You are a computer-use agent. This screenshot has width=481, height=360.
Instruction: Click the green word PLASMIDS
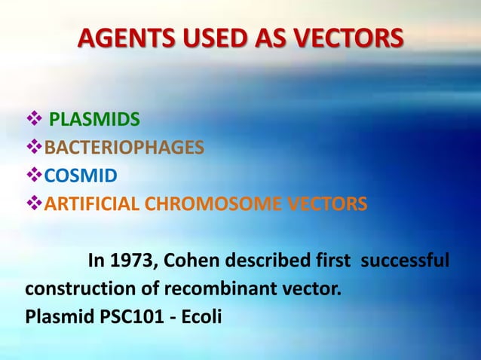[x=94, y=119]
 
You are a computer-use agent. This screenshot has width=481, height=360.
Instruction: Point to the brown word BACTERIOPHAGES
[x=124, y=147]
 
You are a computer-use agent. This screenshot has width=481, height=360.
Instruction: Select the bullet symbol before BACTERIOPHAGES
[x=32, y=147]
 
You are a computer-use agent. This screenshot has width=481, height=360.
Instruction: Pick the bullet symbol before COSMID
[x=32, y=175]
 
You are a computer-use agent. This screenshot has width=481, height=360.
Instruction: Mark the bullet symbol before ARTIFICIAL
[x=32, y=203]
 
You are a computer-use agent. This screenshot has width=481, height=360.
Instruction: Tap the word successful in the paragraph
[x=406, y=261]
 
